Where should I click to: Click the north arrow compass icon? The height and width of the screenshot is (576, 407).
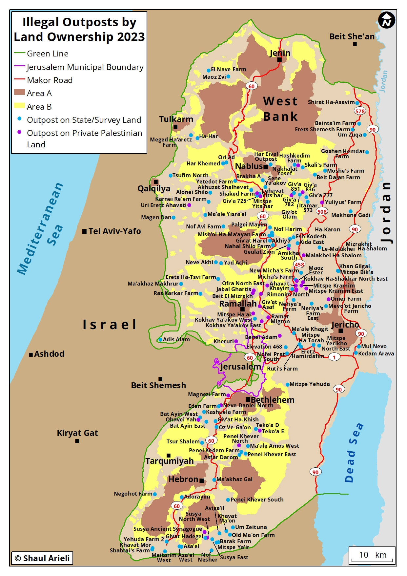pos(386,20)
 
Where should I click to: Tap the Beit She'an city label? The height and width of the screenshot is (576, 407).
pos(352,36)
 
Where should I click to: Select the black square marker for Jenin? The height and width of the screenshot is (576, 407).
pos(279,60)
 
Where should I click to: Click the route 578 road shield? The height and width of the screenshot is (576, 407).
pos(360,111)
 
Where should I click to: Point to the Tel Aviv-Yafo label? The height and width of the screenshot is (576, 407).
pos(114,231)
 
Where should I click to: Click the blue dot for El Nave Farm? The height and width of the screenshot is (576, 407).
pos(208,71)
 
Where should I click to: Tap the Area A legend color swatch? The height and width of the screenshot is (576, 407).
pos(20,93)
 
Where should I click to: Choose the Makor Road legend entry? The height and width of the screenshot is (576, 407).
pos(50,80)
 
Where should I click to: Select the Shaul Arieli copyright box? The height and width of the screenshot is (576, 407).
pos(42,558)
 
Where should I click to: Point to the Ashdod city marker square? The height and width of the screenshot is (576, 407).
pos(31,355)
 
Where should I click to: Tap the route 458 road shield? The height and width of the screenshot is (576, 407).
pos(299,264)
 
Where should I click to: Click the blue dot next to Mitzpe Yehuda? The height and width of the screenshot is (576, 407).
pos(287,384)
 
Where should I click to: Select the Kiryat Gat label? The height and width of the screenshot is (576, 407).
pos(77,433)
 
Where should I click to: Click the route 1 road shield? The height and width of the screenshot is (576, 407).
pos(334,357)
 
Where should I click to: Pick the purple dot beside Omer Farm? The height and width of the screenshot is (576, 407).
pos(328,299)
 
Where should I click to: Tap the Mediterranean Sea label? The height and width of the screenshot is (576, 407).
pos(39,229)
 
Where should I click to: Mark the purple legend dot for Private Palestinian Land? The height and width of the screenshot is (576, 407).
pos(19,132)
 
